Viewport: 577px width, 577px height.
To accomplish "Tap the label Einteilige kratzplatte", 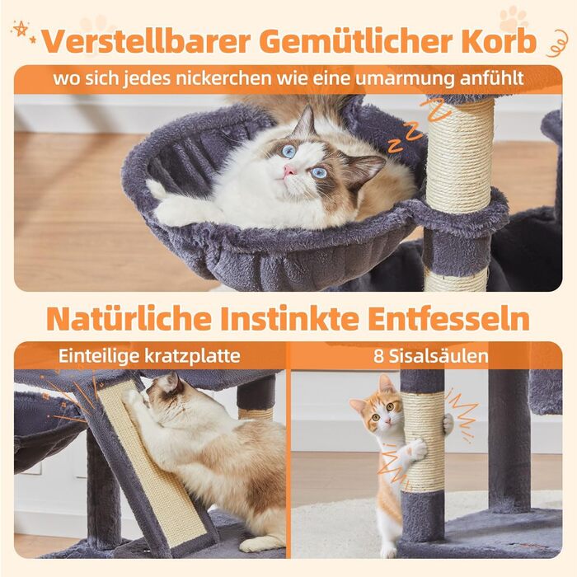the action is click(x=149, y=356).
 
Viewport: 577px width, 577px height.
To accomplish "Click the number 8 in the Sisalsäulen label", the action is click(x=378, y=356).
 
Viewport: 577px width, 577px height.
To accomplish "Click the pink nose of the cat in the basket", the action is click(x=289, y=171).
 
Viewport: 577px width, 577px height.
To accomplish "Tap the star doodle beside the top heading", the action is click(x=20, y=28).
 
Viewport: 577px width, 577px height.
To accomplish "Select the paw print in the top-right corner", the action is click(x=514, y=19).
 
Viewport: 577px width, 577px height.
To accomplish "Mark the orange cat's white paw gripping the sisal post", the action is click(x=416, y=449).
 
